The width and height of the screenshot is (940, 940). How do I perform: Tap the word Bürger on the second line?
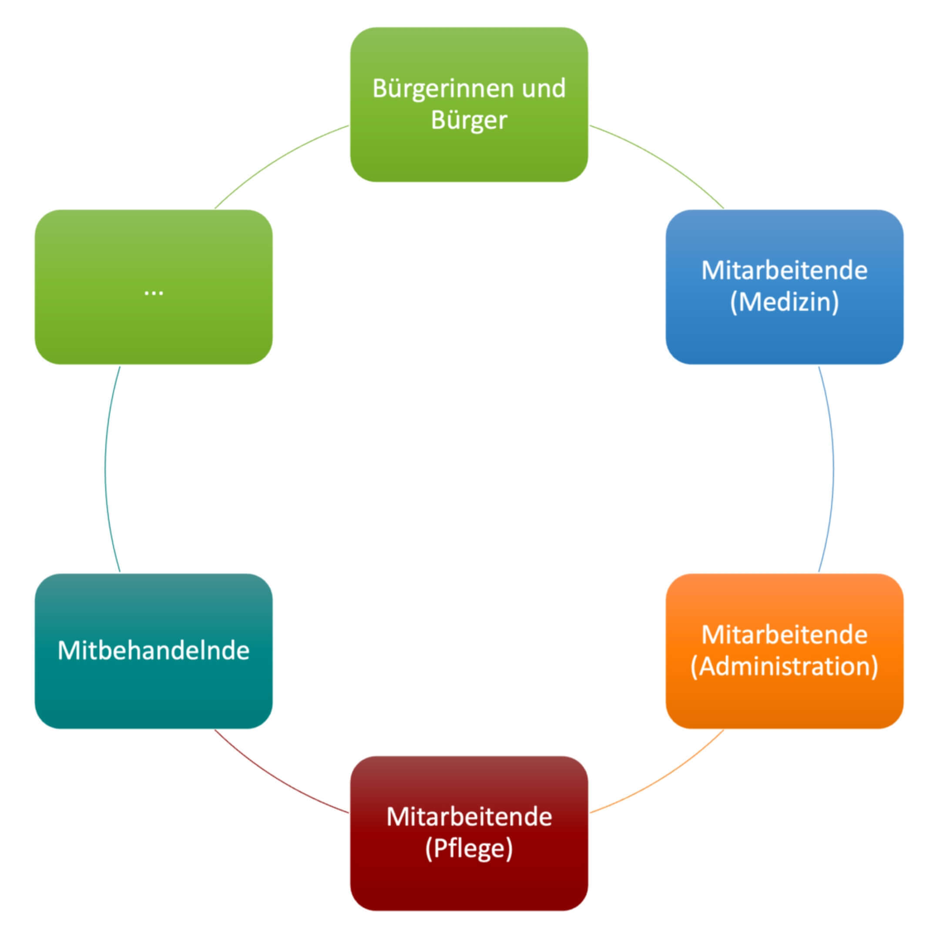[x=469, y=120]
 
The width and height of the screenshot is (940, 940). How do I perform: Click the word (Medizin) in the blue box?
[x=784, y=302]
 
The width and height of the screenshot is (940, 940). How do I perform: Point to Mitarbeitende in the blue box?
[x=784, y=271]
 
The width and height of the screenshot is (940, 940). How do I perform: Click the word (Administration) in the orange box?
[x=784, y=666]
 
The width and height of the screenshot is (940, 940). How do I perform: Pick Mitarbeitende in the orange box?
[x=784, y=634]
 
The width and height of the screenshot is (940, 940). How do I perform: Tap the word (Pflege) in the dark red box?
[x=469, y=849]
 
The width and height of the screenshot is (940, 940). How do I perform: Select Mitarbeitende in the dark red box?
[x=469, y=817]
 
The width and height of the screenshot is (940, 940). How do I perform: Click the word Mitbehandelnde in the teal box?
[x=153, y=651]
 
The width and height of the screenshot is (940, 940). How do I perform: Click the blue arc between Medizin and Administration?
[x=833, y=470]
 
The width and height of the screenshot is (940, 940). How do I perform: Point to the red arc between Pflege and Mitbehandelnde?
[x=275, y=779]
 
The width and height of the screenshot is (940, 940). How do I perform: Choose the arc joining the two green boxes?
[x=275, y=161]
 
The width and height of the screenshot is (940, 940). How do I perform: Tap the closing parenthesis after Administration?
[x=874, y=667]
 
